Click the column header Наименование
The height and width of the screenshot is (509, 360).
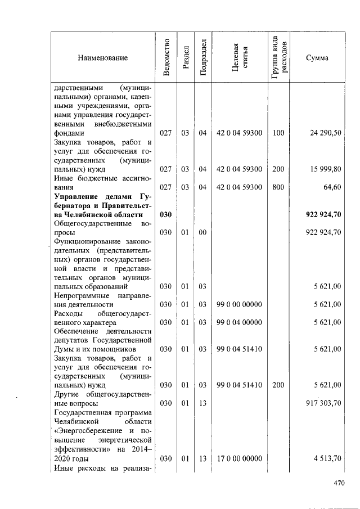[103, 58]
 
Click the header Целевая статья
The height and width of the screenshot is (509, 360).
[240, 57]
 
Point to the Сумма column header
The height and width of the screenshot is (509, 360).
[317, 58]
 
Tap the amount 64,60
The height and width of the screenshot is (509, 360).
[332, 187]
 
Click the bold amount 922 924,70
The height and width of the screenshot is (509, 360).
[323, 214]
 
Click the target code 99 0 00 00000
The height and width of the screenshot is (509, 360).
[239, 304]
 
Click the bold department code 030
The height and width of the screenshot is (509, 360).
[165, 214]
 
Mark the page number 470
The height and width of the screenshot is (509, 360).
[338, 483]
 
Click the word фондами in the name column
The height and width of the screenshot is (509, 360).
[69, 133]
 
